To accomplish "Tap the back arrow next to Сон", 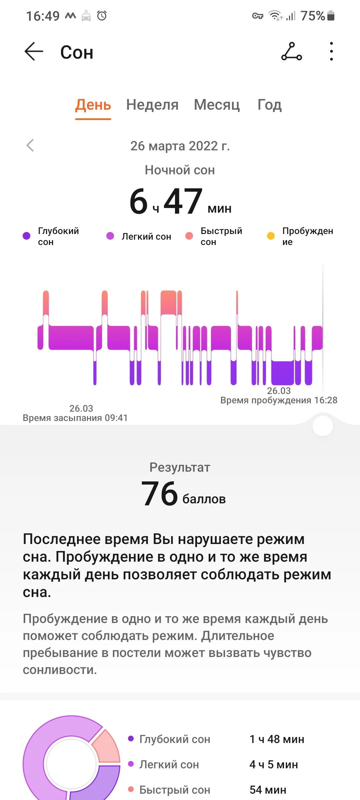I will pyautogui.click(x=34, y=52).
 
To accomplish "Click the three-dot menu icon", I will pyautogui.click(x=331, y=51).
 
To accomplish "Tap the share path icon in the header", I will pyautogui.click(x=292, y=52).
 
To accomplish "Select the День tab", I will pyautogui.click(x=93, y=105).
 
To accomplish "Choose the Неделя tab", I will pyautogui.click(x=152, y=105).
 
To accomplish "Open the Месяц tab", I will pyautogui.click(x=217, y=105).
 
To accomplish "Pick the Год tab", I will pyautogui.click(x=270, y=105).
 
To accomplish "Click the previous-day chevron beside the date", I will pyautogui.click(x=30, y=145).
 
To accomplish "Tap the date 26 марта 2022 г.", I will pyautogui.click(x=180, y=146).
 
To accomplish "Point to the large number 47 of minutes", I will pyautogui.click(x=183, y=201).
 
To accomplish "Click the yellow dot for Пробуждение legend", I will pyautogui.click(x=271, y=236).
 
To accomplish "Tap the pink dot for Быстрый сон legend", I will pyautogui.click(x=189, y=236).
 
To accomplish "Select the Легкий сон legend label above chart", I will pyautogui.click(x=146, y=236).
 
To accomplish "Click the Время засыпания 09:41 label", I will pyautogui.click(x=75, y=418).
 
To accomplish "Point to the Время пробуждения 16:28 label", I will pyautogui.click(x=279, y=400).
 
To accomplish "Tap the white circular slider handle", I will pyautogui.click(x=323, y=426).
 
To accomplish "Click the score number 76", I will pyautogui.click(x=160, y=494).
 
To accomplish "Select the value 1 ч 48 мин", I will pyautogui.click(x=277, y=739).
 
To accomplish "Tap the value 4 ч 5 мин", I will pyautogui.click(x=274, y=764).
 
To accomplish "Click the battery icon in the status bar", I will pyautogui.click(x=331, y=16).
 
